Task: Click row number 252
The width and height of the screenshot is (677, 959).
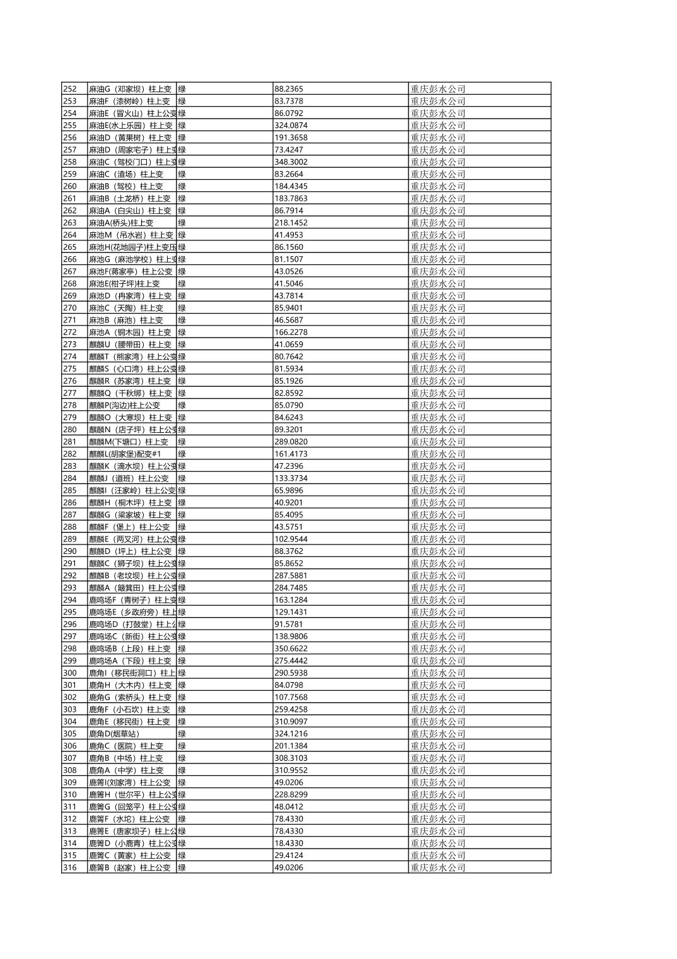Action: pyautogui.click(x=70, y=89)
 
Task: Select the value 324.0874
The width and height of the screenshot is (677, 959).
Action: pyautogui.click(x=291, y=126)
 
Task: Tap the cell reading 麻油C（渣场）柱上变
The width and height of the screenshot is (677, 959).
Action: pyautogui.click(x=126, y=174)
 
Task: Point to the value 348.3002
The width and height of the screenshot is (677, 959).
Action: pyautogui.click(x=291, y=162)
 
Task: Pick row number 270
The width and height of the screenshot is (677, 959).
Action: pyautogui.click(x=70, y=308)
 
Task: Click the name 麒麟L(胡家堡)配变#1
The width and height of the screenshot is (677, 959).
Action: pyautogui.click(x=125, y=454)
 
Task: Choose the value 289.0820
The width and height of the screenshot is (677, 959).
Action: pyautogui.click(x=291, y=442)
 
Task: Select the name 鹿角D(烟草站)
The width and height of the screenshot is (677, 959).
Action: pyautogui.click(x=114, y=734)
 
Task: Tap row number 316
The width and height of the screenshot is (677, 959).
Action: pyautogui.click(x=70, y=868)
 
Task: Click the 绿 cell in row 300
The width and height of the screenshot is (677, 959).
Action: pyautogui.click(x=182, y=673)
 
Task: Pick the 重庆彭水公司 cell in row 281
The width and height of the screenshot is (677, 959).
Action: pyautogui.click(x=438, y=442)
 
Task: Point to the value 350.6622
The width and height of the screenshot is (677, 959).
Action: pyautogui.click(x=291, y=649)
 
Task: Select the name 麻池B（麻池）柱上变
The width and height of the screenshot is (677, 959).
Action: pyautogui.click(x=126, y=320)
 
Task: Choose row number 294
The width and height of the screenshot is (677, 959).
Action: pyautogui.click(x=70, y=600)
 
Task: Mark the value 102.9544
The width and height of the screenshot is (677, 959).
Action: pyautogui.click(x=291, y=539)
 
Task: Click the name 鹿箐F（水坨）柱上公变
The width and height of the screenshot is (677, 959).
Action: pyautogui.click(x=129, y=819)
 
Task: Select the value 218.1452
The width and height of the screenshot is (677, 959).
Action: pyautogui.click(x=291, y=223)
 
